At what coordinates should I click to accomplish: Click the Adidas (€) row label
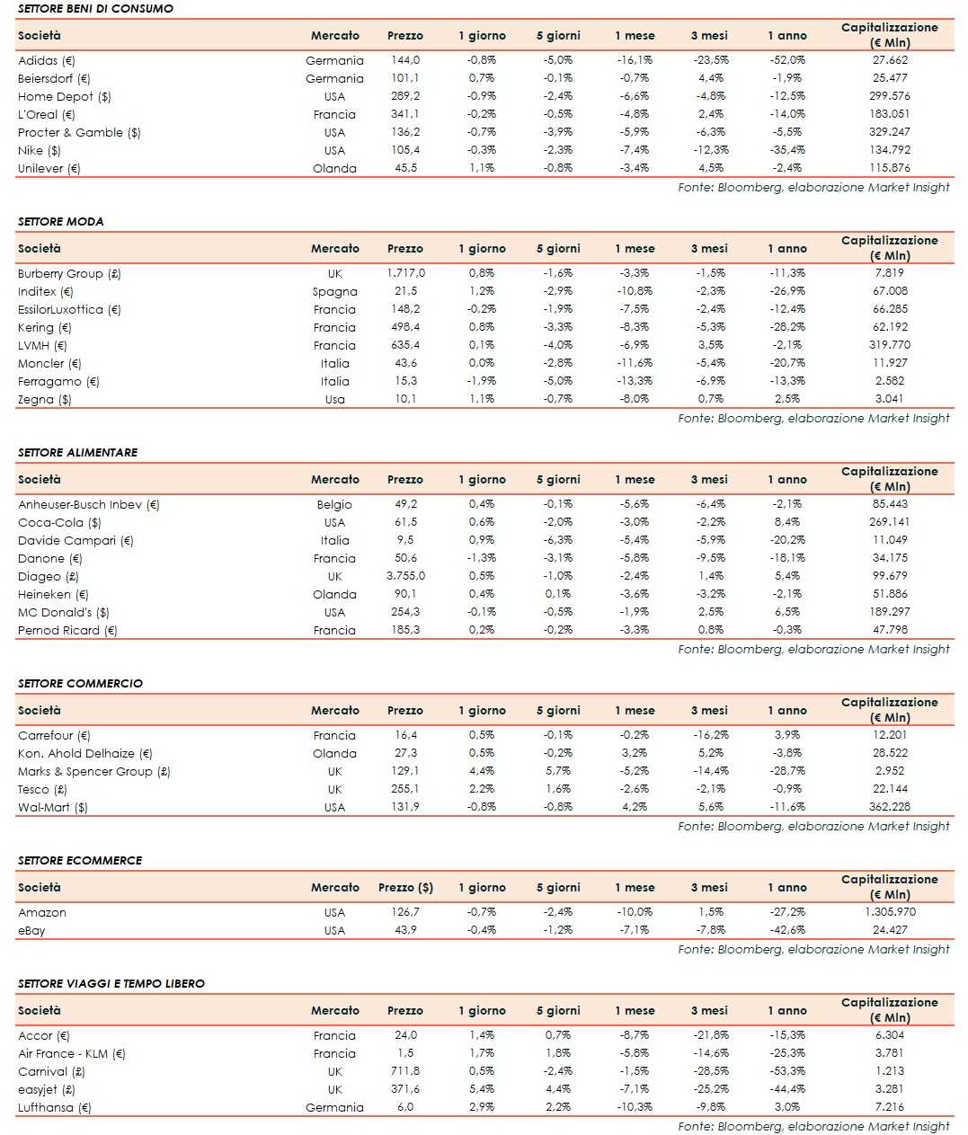pos(47,61)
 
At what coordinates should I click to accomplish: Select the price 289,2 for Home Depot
pos(405,96)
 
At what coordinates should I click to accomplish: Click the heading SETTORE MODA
pos(60,221)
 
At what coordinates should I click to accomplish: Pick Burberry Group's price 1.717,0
pos(405,273)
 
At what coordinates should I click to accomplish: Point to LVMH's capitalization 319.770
pos(890,345)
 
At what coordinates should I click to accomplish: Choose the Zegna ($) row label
pos(45,399)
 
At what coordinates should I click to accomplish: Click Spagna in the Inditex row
pos(334,291)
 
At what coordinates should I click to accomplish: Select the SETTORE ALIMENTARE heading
pos(77,452)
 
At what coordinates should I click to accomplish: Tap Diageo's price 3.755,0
pos(405,576)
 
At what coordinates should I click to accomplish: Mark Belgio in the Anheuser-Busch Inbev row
pos(334,504)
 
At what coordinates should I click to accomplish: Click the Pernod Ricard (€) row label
pos(67,630)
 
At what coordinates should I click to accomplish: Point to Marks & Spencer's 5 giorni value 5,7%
pos(558,771)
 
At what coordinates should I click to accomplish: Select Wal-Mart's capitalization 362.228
pos(890,807)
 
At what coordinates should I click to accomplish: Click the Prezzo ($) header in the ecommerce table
pos(405,887)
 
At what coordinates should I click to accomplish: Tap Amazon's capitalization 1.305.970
pos(890,912)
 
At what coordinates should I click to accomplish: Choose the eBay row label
pos(31,930)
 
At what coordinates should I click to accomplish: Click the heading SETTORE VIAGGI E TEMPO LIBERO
pos(111,983)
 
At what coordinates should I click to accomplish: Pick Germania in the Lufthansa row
pos(334,1107)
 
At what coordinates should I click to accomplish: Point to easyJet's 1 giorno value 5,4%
pos(482,1089)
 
